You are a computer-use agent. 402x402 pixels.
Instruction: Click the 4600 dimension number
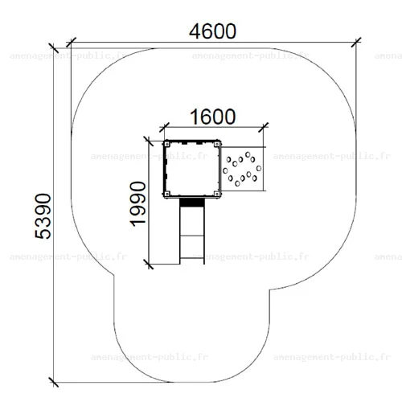pos(212,31)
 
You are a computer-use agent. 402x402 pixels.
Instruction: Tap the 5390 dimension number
pos(43,216)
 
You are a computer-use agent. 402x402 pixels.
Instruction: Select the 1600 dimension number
pos(213,117)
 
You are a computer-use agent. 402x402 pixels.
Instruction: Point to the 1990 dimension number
pos(137,203)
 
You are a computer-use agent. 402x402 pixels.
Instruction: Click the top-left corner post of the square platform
pos(166,144)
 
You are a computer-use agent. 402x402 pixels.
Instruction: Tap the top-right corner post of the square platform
pos(217,144)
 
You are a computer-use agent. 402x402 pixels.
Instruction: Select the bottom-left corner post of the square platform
pos(166,194)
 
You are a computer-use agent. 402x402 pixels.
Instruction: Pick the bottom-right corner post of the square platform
pos(217,194)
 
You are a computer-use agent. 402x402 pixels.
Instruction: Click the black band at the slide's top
pos(192,203)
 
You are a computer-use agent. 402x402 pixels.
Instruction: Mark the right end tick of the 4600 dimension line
pos(356,43)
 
